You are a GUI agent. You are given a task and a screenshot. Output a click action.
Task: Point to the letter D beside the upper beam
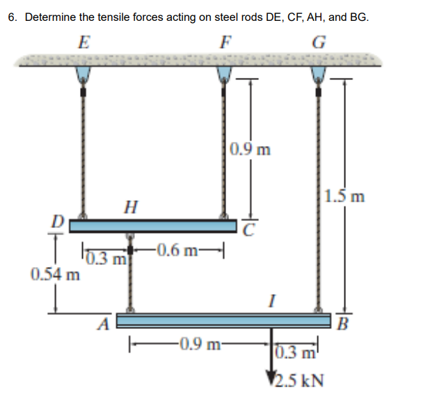(x=61, y=221)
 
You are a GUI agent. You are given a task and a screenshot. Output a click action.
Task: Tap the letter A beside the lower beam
(x=106, y=323)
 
